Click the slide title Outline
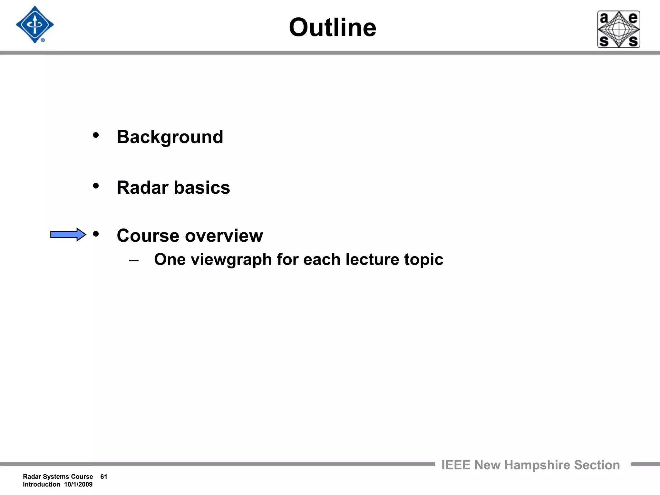(x=332, y=28)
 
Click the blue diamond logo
(x=35, y=24)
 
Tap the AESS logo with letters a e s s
(x=618, y=29)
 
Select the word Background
(x=170, y=137)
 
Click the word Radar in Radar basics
(x=142, y=188)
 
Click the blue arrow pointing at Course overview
(x=68, y=235)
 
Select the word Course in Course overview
(x=148, y=236)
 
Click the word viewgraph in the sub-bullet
(x=231, y=260)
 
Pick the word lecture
(x=372, y=260)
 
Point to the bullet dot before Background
(x=96, y=136)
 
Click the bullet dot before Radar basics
(x=96, y=186)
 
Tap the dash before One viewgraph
(x=134, y=260)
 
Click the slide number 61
(x=104, y=477)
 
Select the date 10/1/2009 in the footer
(x=78, y=484)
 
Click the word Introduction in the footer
(x=41, y=484)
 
